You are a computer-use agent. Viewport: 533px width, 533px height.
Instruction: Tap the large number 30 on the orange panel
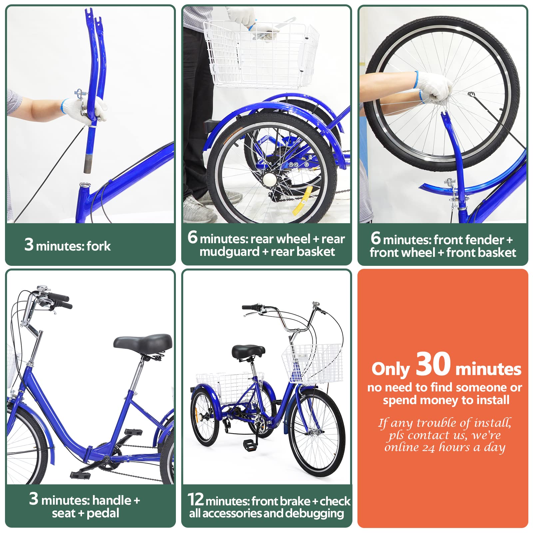(x=433, y=364)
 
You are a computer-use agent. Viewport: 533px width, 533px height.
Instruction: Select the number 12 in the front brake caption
(x=196, y=499)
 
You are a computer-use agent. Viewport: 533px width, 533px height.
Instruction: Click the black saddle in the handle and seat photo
(x=143, y=343)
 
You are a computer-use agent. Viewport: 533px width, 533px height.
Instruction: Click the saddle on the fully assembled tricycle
(x=248, y=352)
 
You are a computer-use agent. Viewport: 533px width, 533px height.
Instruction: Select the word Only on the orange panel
(x=390, y=369)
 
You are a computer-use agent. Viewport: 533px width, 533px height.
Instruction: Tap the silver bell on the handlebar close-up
(x=42, y=289)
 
